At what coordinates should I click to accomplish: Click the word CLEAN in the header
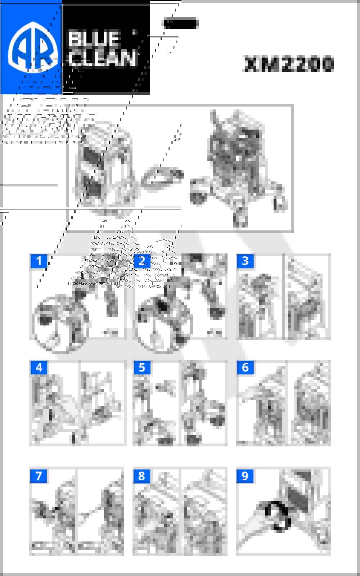pyautogui.click(x=103, y=58)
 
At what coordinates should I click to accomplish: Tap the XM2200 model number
pyautogui.click(x=289, y=64)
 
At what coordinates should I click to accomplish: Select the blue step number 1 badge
pyautogui.click(x=39, y=261)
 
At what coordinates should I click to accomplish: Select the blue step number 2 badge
pyautogui.click(x=142, y=261)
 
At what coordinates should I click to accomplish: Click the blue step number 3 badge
pyautogui.click(x=245, y=261)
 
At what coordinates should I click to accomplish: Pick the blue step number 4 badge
pyautogui.click(x=39, y=367)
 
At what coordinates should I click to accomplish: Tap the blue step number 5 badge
pyautogui.click(x=142, y=367)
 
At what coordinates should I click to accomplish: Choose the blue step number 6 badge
pyautogui.click(x=245, y=367)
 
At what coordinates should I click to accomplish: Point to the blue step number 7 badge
pyautogui.click(x=39, y=476)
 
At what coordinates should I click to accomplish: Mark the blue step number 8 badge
pyautogui.click(x=142, y=476)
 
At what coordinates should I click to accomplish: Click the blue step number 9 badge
pyautogui.click(x=245, y=476)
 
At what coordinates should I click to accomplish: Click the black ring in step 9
pyautogui.click(x=278, y=516)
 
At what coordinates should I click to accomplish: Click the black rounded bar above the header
pyautogui.click(x=181, y=24)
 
